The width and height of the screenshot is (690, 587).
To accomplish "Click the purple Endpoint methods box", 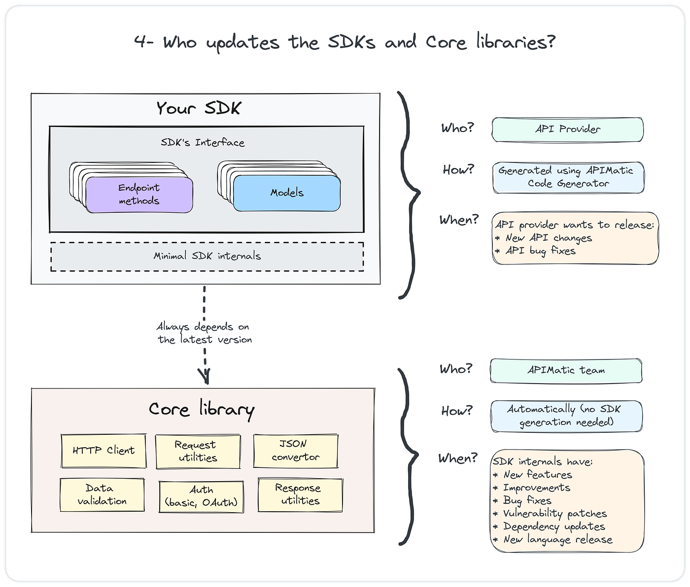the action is tap(139, 195).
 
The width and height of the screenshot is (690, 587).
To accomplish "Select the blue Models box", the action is tap(287, 193).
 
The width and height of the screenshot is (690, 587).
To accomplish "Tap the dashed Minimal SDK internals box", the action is tap(207, 257).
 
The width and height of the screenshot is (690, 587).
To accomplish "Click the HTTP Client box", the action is tap(103, 451).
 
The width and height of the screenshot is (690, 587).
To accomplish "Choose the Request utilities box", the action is tap(198, 451).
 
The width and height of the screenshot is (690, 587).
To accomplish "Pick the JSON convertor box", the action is tap(296, 450).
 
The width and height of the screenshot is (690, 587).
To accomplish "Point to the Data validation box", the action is tap(102, 494).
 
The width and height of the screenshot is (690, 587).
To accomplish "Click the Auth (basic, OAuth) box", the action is tap(201, 496).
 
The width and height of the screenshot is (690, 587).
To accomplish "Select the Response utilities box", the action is tap(301, 494).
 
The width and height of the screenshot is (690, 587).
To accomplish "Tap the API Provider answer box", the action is tap(567, 130).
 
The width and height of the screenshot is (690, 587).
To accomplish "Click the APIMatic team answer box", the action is tap(566, 370).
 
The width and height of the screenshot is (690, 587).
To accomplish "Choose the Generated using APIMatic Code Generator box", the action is tap(568, 177).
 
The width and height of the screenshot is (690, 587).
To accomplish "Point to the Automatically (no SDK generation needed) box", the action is tap(566, 416).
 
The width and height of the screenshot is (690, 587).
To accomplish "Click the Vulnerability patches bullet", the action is tap(550, 514).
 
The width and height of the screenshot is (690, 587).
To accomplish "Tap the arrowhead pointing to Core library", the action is tap(205, 377).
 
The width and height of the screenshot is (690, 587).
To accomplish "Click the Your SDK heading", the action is tap(199, 108).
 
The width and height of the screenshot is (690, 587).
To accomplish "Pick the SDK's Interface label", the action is tap(203, 143).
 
